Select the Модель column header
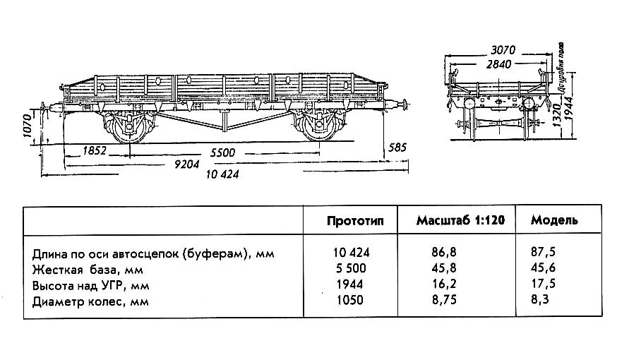coord(554,220)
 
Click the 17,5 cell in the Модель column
coord(543,285)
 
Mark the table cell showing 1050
coord(350,301)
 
